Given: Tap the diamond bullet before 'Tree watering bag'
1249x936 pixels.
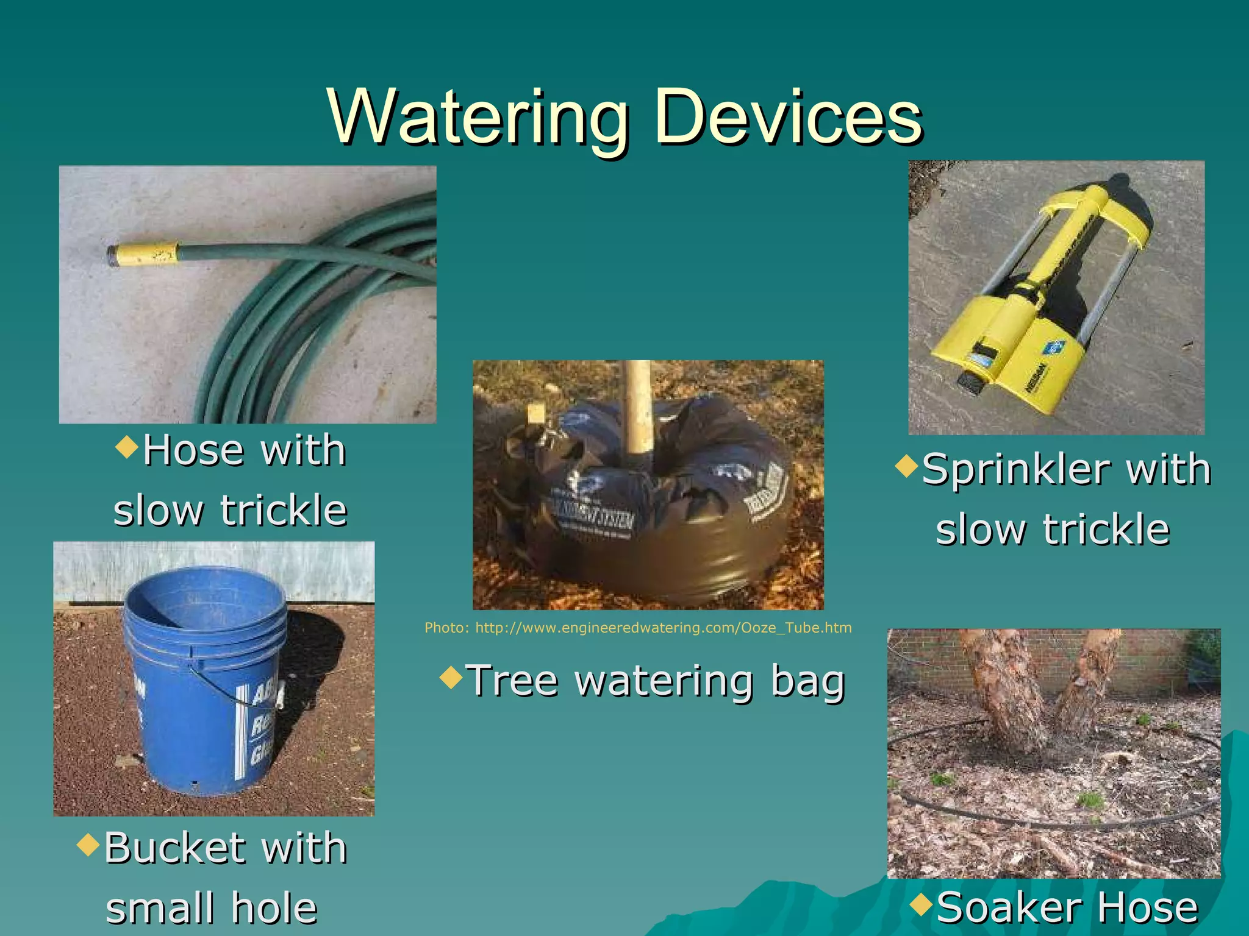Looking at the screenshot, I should tap(451, 677).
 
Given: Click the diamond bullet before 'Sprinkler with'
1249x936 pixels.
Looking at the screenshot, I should tap(907, 467).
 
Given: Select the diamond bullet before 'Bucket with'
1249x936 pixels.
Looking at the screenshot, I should tap(89, 845).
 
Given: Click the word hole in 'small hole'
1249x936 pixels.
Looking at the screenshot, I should tap(274, 908).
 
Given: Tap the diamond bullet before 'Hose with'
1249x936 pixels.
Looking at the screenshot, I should tap(127, 447).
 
